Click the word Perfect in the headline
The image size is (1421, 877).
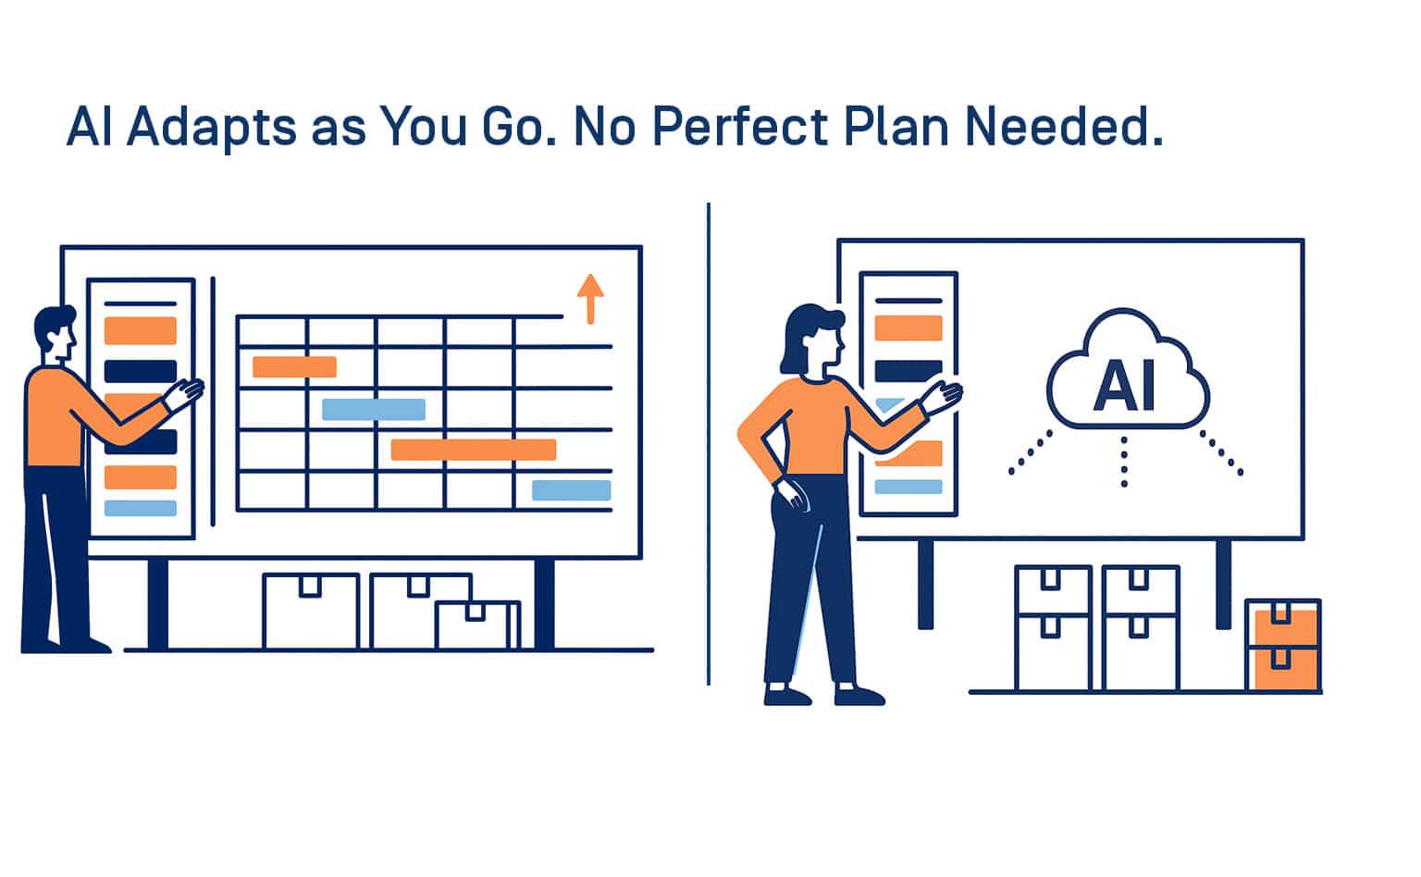coord(740,126)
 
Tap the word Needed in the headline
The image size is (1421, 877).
coord(1057,126)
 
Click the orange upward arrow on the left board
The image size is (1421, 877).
coord(590,299)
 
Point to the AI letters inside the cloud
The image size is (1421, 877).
coord(1124,386)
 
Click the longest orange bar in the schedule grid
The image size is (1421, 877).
coord(474,450)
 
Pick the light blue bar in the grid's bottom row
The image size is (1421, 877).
coord(571,490)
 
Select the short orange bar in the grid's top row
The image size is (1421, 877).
coord(294,366)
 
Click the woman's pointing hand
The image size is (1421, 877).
coord(942,398)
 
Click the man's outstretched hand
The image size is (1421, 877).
coord(183,395)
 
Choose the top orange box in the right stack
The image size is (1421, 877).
coord(1283,624)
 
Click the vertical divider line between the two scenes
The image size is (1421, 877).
coord(708,444)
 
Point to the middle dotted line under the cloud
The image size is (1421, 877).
coord(1124,462)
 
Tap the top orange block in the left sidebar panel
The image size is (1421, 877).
coord(141,330)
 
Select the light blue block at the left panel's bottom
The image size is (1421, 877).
coord(141,508)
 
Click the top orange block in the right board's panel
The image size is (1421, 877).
coord(908,327)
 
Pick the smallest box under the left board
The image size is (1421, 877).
coord(477,625)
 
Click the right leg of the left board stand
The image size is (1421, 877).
coord(544,603)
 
